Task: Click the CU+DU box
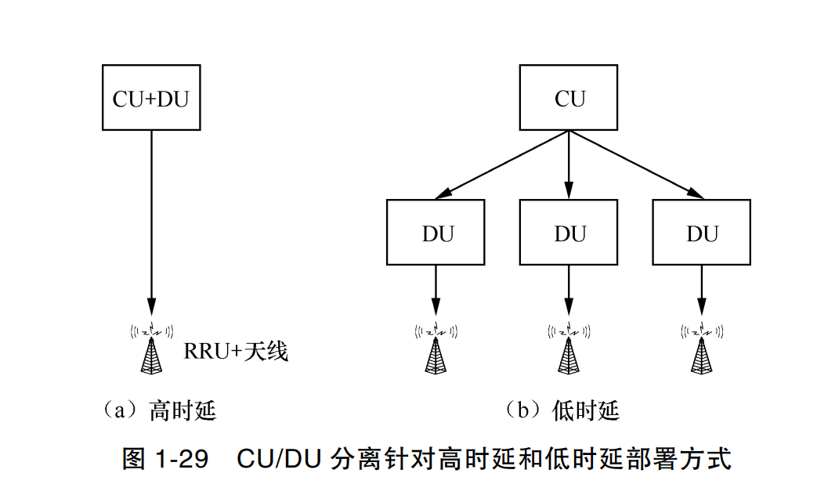click(151, 99)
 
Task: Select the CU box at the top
click(569, 99)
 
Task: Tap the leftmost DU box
click(436, 233)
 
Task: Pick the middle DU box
click(569, 233)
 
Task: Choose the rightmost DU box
click(701, 233)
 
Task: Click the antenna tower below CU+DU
click(152, 348)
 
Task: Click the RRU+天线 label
click(236, 351)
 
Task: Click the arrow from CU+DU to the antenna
click(151, 219)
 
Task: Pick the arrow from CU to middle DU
click(569, 164)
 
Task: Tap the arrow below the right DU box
click(701, 290)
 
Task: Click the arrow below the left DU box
click(436, 290)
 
